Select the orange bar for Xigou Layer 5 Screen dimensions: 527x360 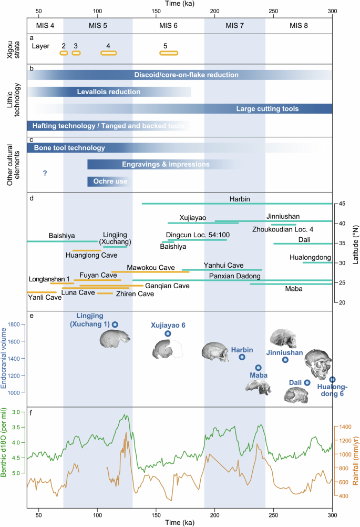click(169, 53)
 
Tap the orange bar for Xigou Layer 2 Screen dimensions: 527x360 click(64, 53)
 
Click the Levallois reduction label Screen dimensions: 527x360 click(109, 92)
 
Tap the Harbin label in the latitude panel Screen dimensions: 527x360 click(239, 199)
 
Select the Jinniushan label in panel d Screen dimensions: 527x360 click(283, 216)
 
